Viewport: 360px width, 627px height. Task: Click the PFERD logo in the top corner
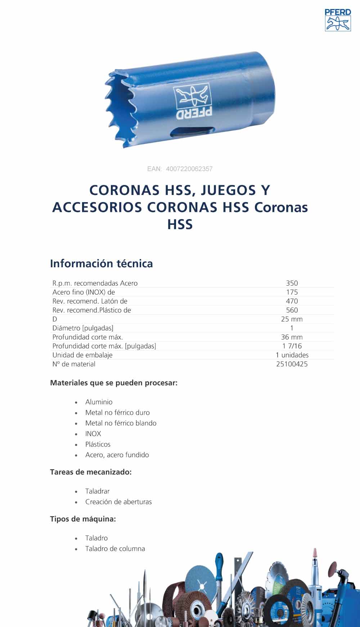(x=338, y=20)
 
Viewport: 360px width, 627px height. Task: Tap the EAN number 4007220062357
(x=189, y=169)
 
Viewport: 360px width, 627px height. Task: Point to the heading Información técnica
(x=102, y=264)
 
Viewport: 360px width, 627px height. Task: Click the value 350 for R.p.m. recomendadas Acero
(x=292, y=283)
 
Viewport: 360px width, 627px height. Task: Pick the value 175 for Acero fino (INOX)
(x=292, y=292)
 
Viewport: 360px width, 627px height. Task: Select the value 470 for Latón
(x=292, y=301)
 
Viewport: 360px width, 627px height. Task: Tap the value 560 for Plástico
(x=292, y=310)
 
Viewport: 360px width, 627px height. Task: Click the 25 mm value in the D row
(x=292, y=319)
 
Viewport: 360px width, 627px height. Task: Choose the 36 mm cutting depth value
(x=292, y=337)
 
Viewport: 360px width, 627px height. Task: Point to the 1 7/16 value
(x=292, y=346)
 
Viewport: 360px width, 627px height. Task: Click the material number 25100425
(x=292, y=364)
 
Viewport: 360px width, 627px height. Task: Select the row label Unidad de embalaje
(x=82, y=355)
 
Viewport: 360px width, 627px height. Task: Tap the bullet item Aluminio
(x=99, y=402)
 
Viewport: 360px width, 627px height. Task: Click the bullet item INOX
(x=93, y=434)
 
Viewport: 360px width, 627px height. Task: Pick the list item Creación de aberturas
(x=118, y=502)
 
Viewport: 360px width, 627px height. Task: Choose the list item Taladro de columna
(x=115, y=549)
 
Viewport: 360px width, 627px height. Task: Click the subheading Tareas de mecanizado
(x=91, y=472)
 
